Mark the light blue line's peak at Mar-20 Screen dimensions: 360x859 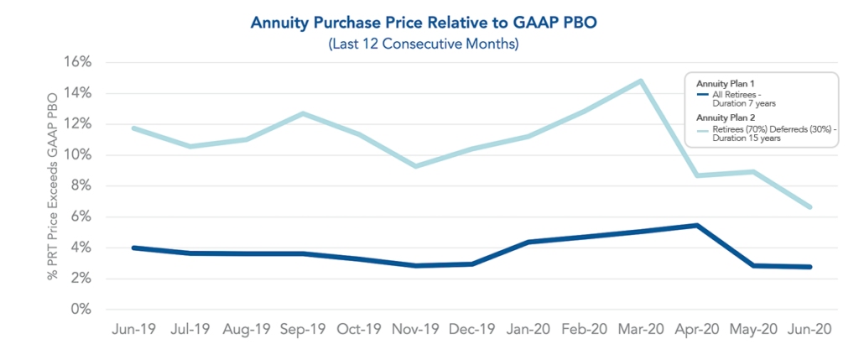point(641,81)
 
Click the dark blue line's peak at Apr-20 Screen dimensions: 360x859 point(697,225)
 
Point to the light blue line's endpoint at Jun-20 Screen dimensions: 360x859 point(810,206)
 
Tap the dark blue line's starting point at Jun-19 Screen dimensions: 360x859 point(134,248)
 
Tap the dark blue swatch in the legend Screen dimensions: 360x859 point(703,94)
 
